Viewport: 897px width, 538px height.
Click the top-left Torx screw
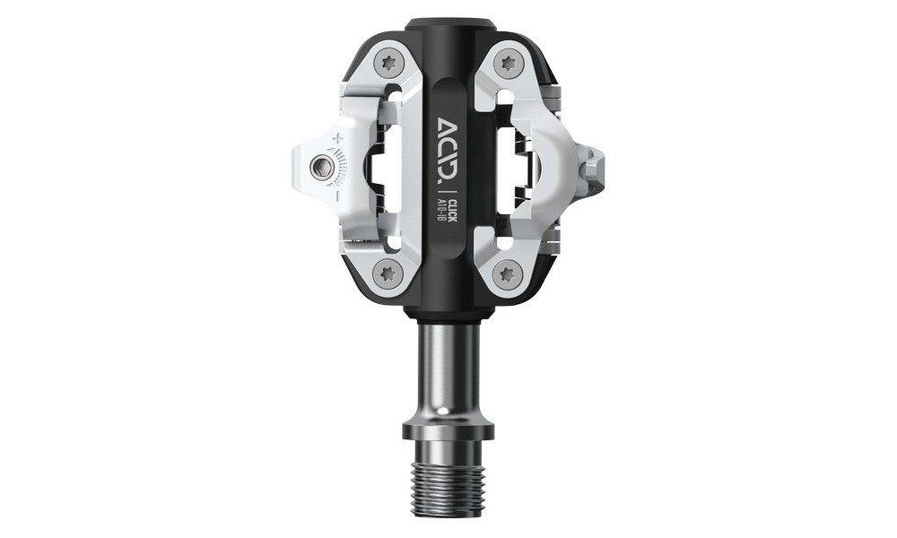[388, 63]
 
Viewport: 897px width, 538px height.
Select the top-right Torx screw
[509, 63]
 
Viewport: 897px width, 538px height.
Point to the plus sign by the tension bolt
[337, 138]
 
